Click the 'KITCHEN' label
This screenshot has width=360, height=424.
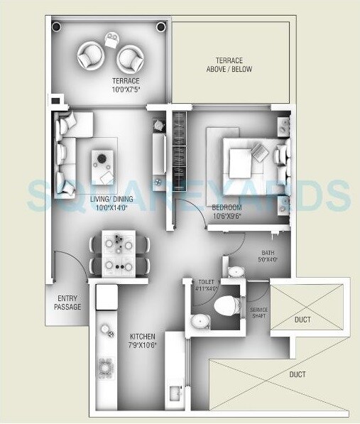142,336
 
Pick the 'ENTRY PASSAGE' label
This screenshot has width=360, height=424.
67,303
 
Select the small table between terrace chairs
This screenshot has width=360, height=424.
112,40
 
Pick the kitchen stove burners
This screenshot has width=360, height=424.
107,369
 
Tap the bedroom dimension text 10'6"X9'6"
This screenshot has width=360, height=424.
227,207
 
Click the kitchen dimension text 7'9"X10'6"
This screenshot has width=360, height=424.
142,345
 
